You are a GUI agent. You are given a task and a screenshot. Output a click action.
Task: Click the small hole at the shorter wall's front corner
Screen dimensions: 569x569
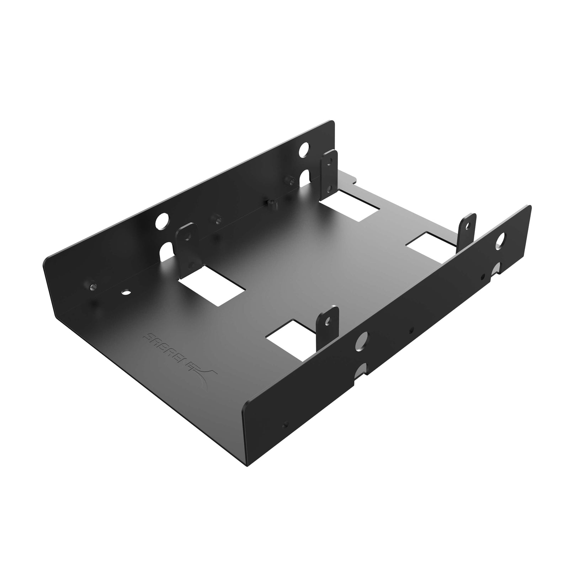coord(284,424)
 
